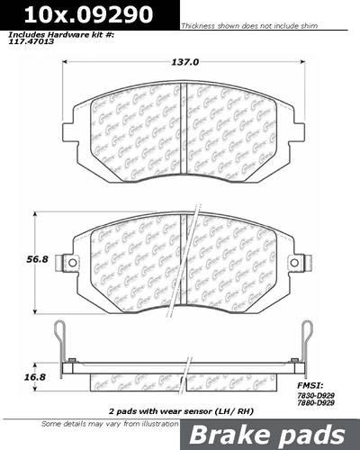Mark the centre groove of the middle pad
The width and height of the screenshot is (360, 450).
tap(183, 261)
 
